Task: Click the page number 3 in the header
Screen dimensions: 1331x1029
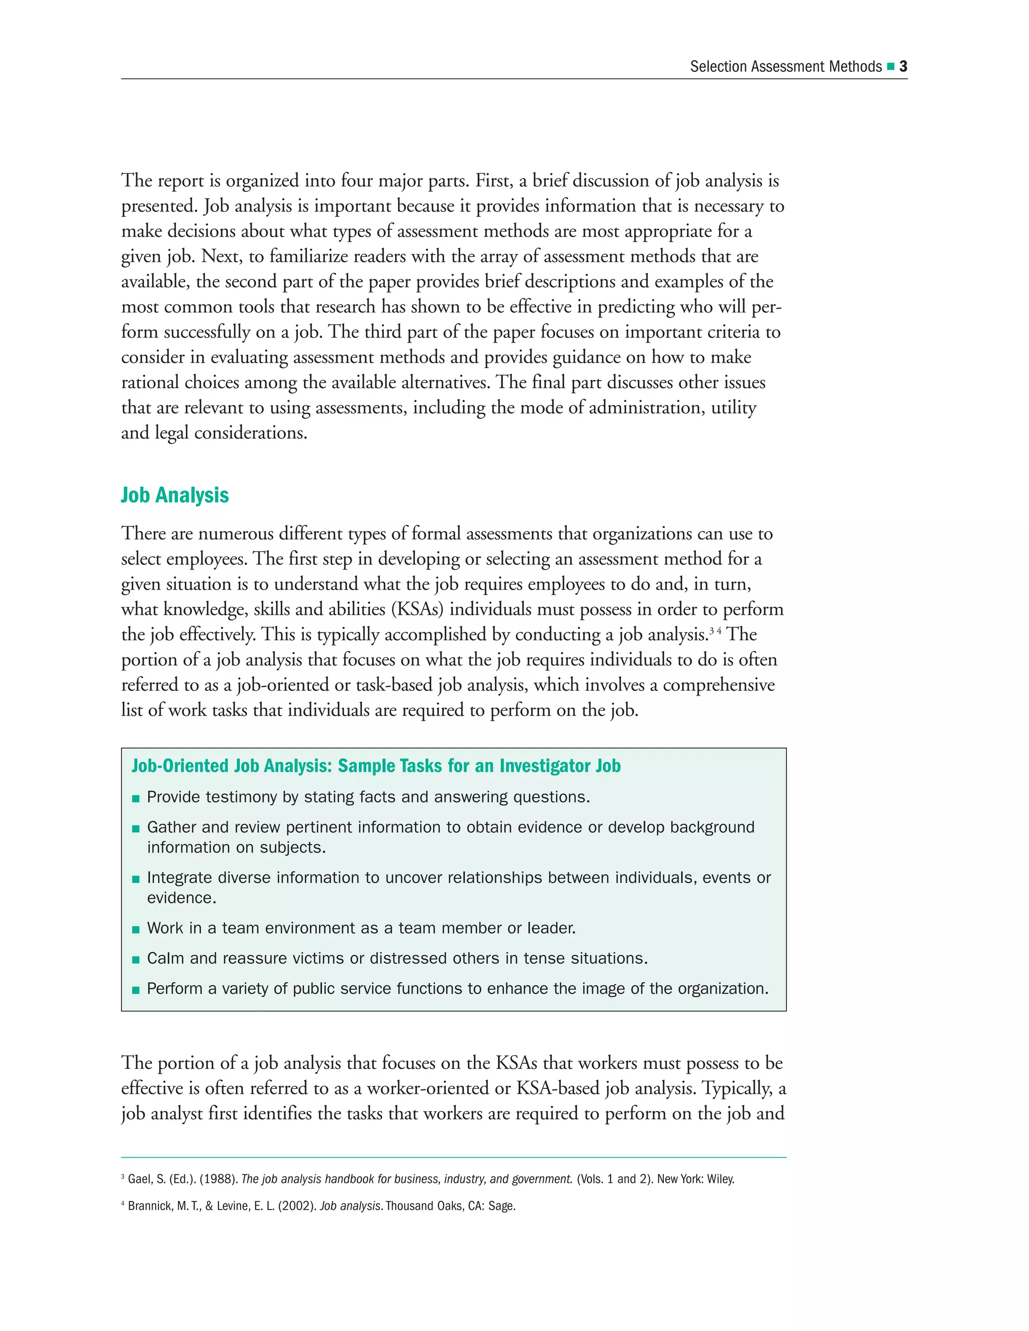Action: [x=903, y=66]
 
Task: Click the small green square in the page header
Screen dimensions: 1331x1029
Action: [x=891, y=66]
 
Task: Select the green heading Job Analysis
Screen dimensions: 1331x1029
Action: [x=174, y=495]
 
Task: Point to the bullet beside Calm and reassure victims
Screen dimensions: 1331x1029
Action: [x=136, y=960]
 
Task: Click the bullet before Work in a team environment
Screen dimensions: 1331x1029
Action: [x=136, y=929]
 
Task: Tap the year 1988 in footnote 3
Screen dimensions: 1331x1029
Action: [x=218, y=1179]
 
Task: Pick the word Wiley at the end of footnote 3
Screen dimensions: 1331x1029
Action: [x=721, y=1179]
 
